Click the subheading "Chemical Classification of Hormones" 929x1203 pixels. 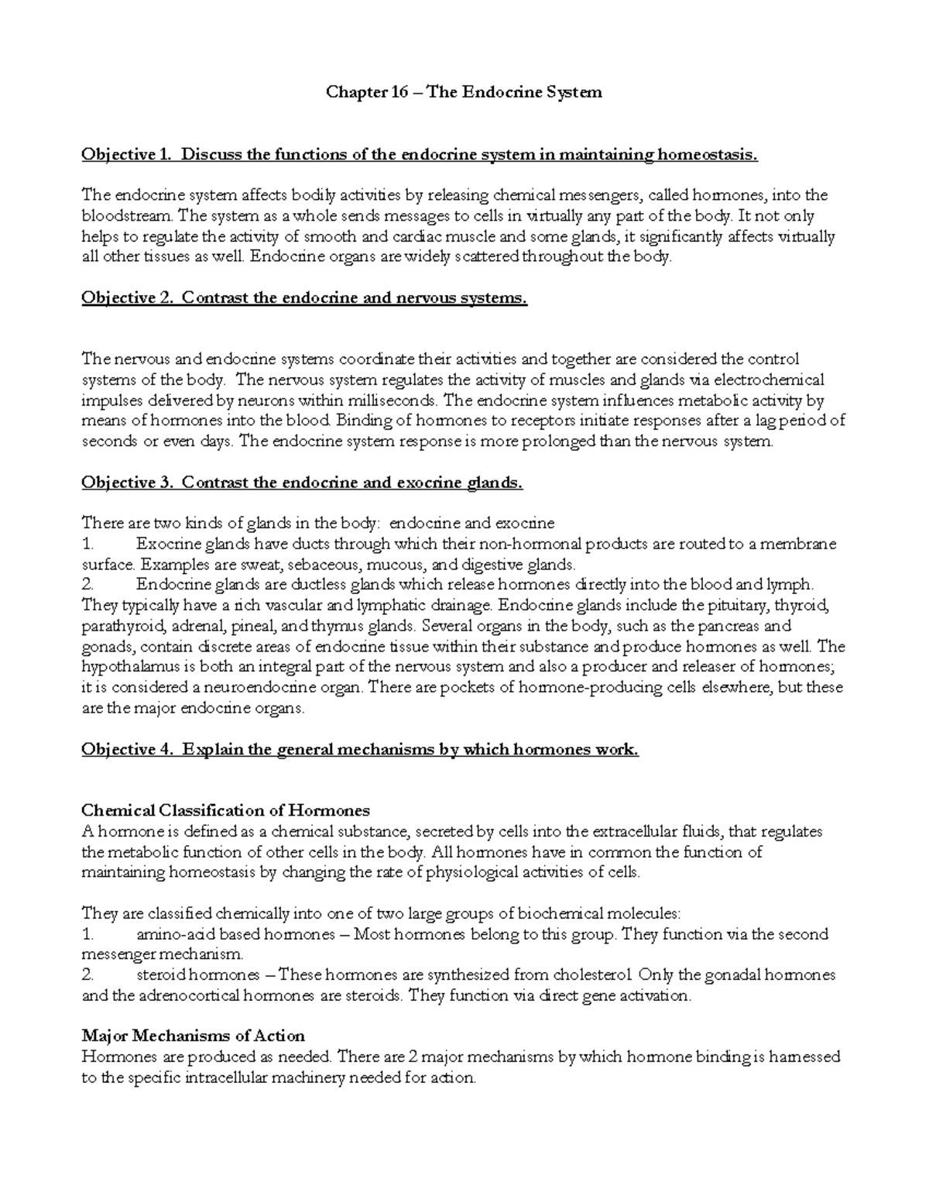coord(226,811)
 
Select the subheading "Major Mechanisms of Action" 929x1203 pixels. coord(194,1036)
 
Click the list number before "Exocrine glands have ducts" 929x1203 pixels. coord(87,545)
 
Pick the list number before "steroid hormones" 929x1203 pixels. coord(87,975)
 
